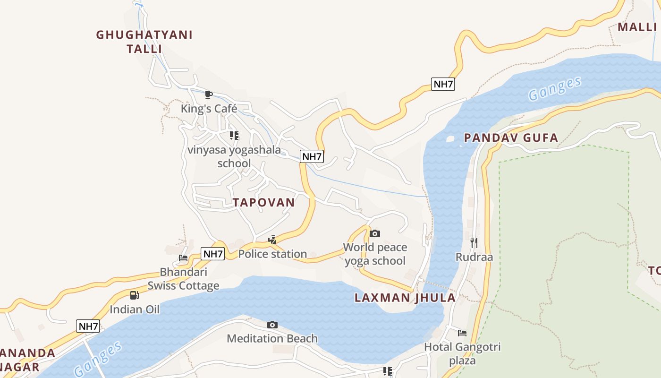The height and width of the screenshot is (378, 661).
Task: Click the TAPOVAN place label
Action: point(263,203)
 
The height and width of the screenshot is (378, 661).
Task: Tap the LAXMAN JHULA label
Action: point(405,298)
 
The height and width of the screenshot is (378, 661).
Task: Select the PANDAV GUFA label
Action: point(511,138)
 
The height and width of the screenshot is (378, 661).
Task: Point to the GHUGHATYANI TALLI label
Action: point(144,42)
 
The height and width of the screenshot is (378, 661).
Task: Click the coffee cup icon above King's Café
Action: point(209,95)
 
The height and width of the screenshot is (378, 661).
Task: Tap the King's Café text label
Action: point(209,109)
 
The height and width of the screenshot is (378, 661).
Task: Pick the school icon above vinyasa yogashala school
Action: point(234,136)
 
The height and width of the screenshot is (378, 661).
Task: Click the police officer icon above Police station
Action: point(272,240)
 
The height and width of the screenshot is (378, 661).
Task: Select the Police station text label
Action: point(272,254)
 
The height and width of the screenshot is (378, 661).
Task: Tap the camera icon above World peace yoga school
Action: point(375,233)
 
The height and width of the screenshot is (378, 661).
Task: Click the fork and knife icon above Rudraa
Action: point(474,243)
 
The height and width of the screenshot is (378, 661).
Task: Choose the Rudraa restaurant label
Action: point(474,257)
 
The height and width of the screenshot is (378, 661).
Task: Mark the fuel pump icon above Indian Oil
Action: point(135,296)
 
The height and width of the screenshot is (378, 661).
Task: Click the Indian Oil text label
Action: point(135,309)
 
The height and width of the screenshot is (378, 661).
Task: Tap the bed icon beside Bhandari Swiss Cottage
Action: point(183,258)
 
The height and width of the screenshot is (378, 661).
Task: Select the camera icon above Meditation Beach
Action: point(272,325)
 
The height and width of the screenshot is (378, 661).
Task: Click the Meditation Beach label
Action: point(272,338)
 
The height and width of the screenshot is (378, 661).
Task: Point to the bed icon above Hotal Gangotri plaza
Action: point(462,333)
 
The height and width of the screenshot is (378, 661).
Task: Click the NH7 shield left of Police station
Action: point(213,254)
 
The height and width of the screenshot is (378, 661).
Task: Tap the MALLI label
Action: point(637,27)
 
